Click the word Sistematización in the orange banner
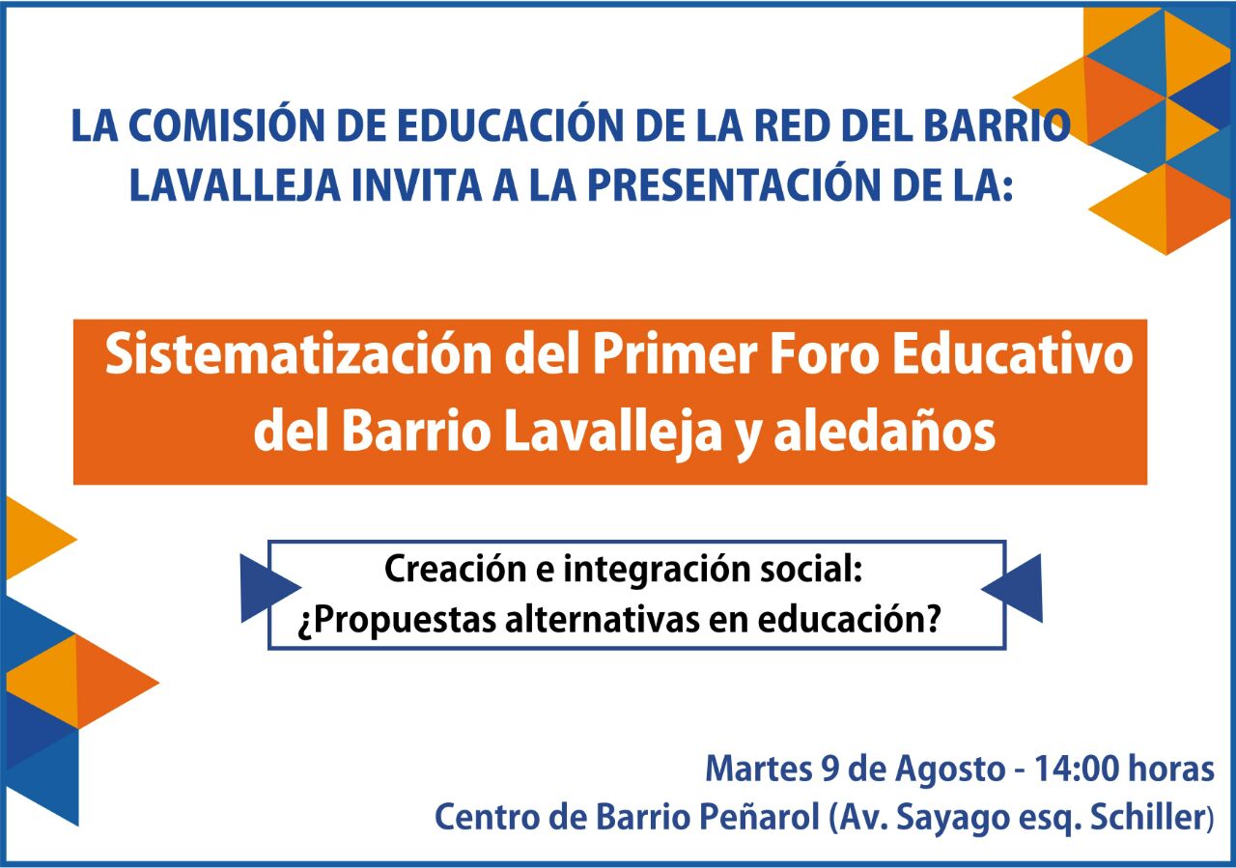click(x=298, y=354)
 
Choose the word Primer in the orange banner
click(x=674, y=354)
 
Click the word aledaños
click(x=885, y=431)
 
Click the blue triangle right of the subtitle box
click(x=1019, y=588)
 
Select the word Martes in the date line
click(x=759, y=769)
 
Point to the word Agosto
click(x=950, y=770)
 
